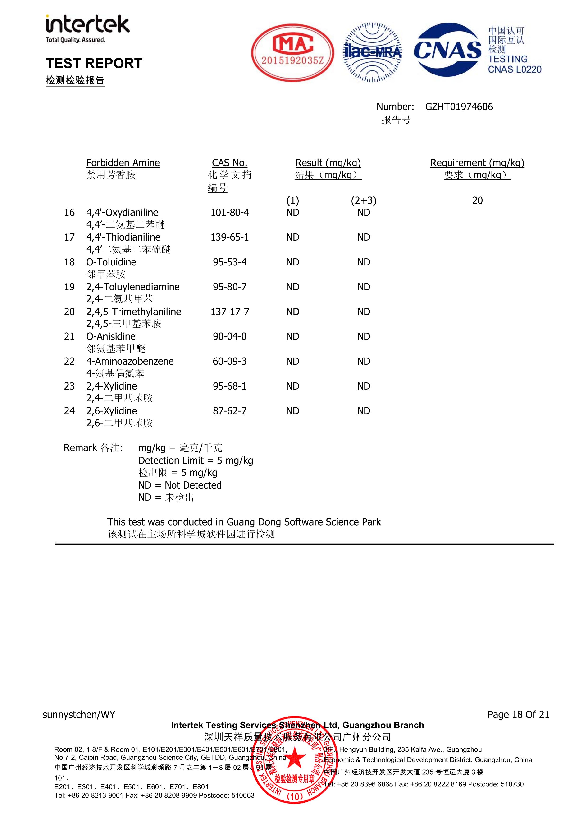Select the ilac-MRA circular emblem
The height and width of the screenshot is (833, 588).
(x=372, y=53)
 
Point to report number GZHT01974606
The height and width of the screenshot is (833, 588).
(x=459, y=107)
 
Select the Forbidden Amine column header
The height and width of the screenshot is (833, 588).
(x=123, y=163)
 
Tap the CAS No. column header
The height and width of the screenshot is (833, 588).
(x=229, y=163)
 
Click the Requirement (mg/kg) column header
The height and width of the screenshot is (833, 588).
(x=477, y=163)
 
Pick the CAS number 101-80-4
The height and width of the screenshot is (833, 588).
(x=230, y=213)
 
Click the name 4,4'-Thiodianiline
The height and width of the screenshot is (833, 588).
(x=123, y=237)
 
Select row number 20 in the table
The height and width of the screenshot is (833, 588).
(x=69, y=312)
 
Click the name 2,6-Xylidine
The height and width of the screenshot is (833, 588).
(x=112, y=411)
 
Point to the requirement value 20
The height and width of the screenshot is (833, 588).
(x=477, y=201)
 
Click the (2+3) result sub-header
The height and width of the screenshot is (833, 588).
(x=364, y=201)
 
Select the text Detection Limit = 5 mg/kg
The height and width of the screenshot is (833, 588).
(x=195, y=461)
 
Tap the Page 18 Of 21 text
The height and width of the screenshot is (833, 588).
(x=518, y=714)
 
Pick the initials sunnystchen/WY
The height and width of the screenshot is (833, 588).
(x=79, y=715)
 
